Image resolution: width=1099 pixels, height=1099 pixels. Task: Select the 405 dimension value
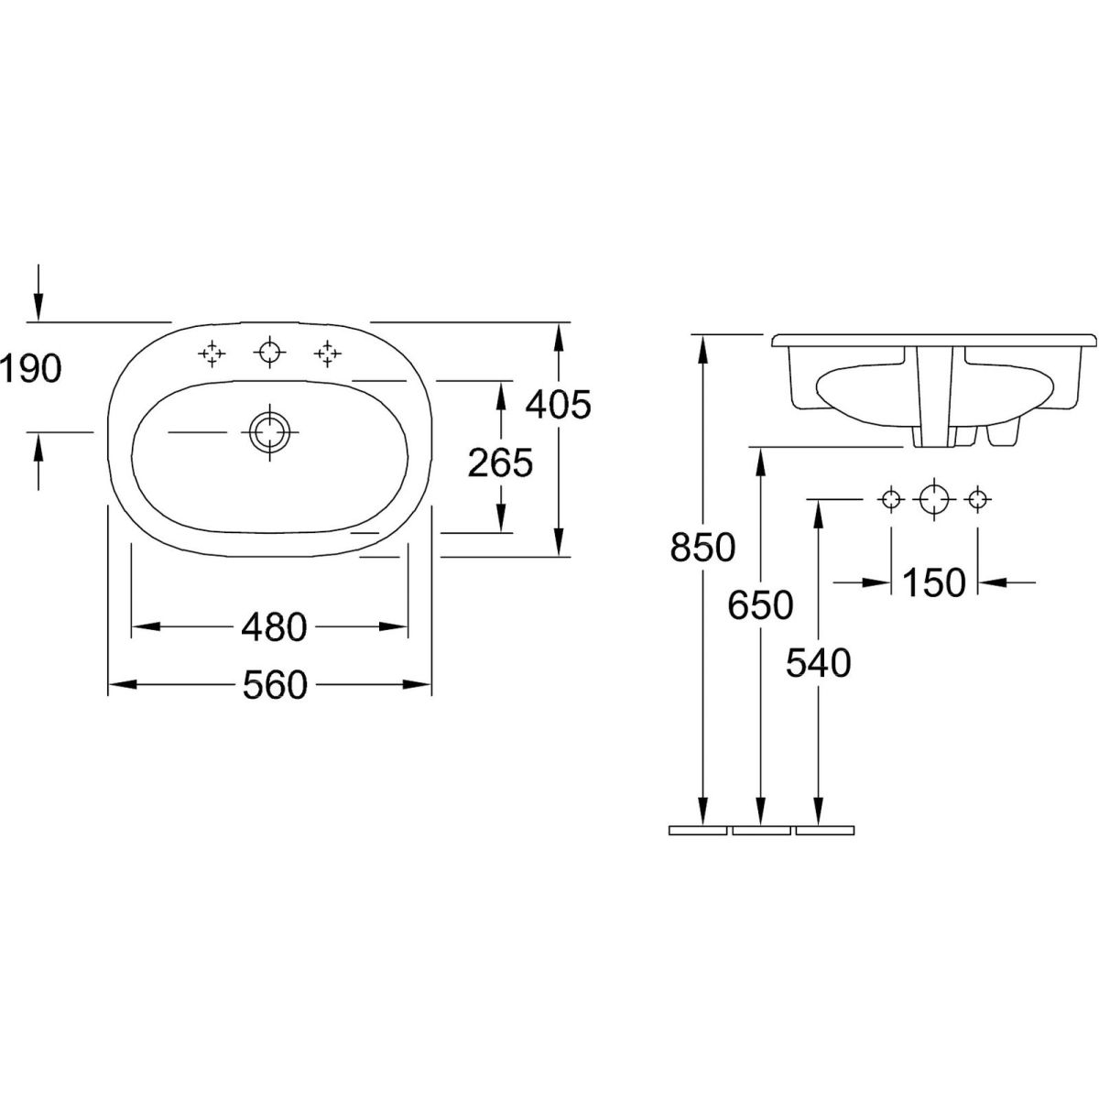click(559, 405)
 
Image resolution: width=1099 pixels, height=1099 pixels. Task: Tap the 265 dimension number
click(500, 462)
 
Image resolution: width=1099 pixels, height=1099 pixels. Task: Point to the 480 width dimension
click(274, 628)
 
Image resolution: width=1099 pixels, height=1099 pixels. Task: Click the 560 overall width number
click(275, 685)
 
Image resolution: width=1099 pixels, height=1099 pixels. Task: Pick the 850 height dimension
click(702, 547)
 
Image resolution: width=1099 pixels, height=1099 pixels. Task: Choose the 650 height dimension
click(760, 605)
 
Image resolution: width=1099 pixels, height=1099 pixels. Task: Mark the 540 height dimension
click(819, 663)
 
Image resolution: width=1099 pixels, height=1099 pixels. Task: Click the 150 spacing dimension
click(933, 582)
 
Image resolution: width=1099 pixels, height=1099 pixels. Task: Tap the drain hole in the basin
click(269, 431)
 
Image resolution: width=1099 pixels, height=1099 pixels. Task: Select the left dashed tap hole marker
click(212, 354)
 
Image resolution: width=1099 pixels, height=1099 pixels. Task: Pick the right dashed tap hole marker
click(327, 354)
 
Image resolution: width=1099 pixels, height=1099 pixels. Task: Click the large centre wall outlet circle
click(933, 500)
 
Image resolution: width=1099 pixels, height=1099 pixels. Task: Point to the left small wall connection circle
click(891, 500)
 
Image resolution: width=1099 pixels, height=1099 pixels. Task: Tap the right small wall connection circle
click(977, 500)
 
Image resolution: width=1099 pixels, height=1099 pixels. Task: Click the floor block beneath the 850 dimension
click(698, 831)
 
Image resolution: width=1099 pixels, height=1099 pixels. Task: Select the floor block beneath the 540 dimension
click(824, 831)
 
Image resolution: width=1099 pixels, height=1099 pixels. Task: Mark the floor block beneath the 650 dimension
click(761, 831)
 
